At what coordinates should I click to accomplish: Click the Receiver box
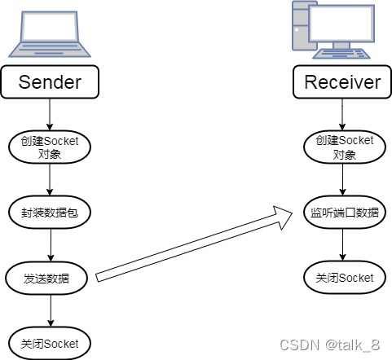[x=342, y=82]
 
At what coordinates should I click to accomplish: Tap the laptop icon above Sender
[x=51, y=36]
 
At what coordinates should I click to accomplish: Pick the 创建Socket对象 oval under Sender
[x=51, y=147]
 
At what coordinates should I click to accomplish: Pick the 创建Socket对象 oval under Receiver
[x=343, y=147]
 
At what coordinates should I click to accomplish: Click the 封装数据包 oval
[x=51, y=213]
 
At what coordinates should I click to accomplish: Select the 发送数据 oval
[x=51, y=279]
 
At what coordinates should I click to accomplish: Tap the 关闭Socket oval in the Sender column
[x=51, y=343]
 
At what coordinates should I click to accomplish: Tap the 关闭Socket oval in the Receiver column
[x=343, y=278]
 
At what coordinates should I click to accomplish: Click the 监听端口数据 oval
[x=343, y=213]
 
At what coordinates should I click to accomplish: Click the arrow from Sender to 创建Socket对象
[x=51, y=113]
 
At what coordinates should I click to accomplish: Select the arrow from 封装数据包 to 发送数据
[x=51, y=246]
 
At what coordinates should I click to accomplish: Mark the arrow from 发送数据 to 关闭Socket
[x=51, y=311]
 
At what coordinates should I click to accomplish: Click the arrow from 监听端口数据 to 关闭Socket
[x=343, y=245]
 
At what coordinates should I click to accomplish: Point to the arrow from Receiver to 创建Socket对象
[x=343, y=113]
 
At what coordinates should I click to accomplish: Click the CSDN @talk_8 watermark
[x=330, y=345]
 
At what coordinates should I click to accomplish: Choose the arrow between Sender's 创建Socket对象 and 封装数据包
[x=51, y=180]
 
